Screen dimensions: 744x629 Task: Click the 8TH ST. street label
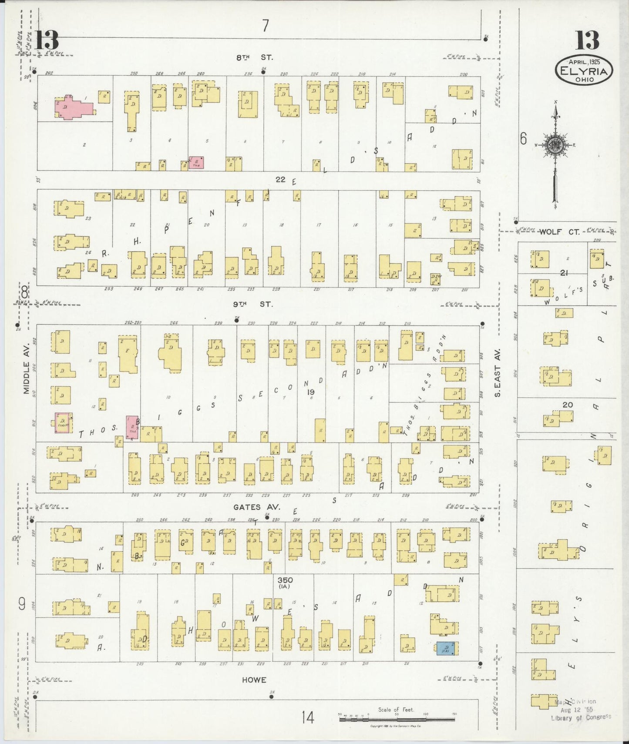click(x=254, y=57)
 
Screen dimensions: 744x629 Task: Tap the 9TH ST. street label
click(x=254, y=304)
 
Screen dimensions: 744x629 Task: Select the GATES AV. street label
click(x=253, y=507)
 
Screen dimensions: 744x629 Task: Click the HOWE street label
click(x=254, y=680)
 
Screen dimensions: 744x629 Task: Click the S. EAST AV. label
click(x=498, y=378)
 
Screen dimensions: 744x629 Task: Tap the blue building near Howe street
click(x=447, y=648)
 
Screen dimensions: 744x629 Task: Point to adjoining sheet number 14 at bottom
click(x=308, y=717)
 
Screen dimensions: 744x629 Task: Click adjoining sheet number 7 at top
click(x=265, y=26)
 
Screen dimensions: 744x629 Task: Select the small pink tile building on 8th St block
click(x=196, y=163)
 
